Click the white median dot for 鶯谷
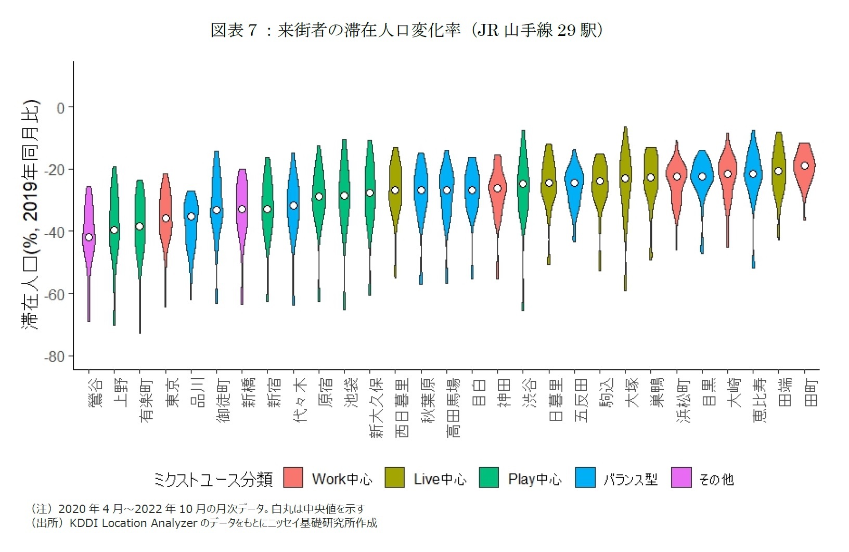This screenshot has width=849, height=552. click(x=88, y=237)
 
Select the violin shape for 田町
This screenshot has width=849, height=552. click(x=804, y=172)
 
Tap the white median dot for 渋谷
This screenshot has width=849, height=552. click(x=523, y=184)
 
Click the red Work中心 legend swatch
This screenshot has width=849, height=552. click(x=293, y=478)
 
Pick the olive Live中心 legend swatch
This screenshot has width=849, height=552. click(x=395, y=478)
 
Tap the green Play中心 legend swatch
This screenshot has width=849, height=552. click(x=489, y=478)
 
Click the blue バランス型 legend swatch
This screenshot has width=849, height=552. click(x=585, y=478)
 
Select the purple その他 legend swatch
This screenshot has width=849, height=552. click(x=681, y=478)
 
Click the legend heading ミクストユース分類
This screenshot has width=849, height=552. click(x=213, y=479)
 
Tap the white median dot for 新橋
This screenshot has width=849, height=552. click(x=242, y=209)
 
